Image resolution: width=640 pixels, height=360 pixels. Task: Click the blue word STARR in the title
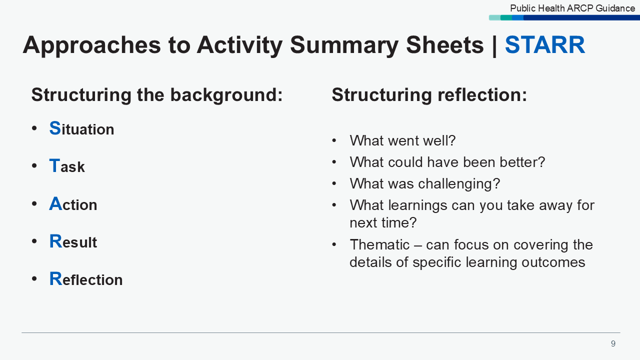tap(544, 45)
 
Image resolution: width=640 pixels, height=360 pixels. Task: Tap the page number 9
tap(613, 344)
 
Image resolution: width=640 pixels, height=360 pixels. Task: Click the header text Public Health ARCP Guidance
tap(572, 8)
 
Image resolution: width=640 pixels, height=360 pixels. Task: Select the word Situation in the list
tap(81, 129)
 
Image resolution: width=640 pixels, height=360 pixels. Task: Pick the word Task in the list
tap(67, 166)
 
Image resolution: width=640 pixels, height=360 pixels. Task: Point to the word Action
tap(73, 204)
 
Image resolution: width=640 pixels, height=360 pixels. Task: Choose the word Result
tap(73, 242)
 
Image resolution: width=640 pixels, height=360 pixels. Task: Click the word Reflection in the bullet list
tap(86, 279)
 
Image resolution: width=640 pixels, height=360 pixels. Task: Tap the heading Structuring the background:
tap(157, 94)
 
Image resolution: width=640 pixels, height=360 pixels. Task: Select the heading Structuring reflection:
tap(429, 94)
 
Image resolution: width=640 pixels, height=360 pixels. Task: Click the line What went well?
tap(402, 140)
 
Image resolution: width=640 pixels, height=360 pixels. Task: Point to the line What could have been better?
tap(447, 162)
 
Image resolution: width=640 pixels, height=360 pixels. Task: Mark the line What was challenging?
tap(424, 183)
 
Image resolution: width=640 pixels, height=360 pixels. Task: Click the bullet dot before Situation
tap(34, 128)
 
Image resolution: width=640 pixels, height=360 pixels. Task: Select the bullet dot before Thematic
tap(334, 244)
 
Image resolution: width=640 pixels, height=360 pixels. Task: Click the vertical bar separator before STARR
tap(494, 45)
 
